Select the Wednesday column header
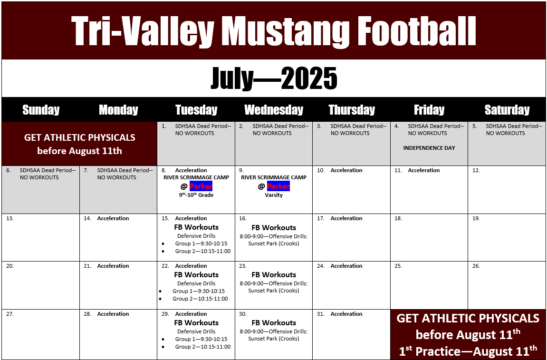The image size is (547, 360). [x=274, y=110]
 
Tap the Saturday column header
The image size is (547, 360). [x=507, y=110]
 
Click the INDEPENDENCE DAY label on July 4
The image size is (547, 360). [x=429, y=148]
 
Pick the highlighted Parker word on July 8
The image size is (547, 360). [x=201, y=186]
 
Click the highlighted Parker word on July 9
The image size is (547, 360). [x=278, y=186]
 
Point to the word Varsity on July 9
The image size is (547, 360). [x=274, y=195]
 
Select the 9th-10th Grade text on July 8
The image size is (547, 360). [x=196, y=195]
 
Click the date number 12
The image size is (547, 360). [x=476, y=170]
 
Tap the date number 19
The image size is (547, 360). [x=476, y=218]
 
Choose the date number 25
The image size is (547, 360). [x=398, y=266]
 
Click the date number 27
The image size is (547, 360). [x=10, y=314]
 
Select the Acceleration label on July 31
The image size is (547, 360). [x=346, y=314]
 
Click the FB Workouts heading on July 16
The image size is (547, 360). [x=274, y=228]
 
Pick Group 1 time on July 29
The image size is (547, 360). [x=202, y=339]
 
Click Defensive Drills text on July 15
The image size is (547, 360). [x=196, y=236]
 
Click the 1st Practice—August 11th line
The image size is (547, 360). [x=468, y=350]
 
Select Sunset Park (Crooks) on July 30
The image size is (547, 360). [x=274, y=339]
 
